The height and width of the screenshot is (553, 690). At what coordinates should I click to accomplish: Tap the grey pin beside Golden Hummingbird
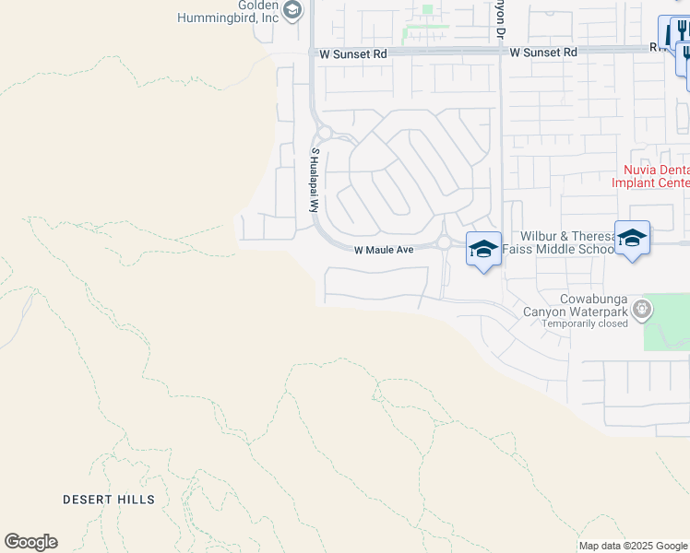292,10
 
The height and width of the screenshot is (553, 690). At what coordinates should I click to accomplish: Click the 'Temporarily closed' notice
585,324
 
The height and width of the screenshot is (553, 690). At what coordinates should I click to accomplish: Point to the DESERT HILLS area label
109,500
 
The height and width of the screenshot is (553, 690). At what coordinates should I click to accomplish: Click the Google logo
30,542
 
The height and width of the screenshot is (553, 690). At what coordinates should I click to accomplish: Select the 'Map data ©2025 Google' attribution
634,546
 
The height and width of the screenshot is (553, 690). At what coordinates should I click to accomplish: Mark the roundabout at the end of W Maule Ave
444,243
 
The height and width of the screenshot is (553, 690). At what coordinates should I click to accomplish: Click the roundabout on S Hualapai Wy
324,133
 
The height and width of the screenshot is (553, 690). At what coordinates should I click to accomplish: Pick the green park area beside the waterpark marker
666,323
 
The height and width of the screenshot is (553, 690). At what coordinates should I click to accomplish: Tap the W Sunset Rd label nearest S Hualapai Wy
353,54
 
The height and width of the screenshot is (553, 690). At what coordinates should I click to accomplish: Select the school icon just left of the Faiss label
483,248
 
